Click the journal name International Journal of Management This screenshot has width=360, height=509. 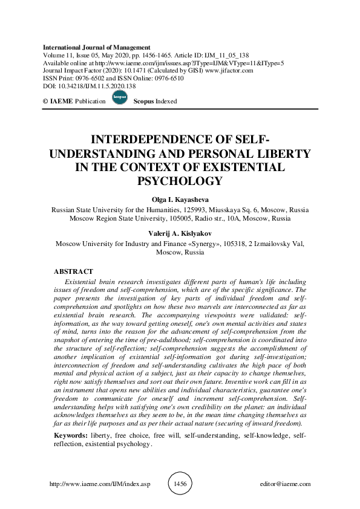tap(97, 47)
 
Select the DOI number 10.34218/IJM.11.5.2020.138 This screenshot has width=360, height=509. tap(91, 86)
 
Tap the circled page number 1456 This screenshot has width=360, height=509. tap(180, 484)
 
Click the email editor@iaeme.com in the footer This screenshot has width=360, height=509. tap(284, 484)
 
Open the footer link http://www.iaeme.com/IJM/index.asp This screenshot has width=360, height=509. tap(99, 484)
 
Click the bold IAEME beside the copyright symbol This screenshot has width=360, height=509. tap(61, 102)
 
